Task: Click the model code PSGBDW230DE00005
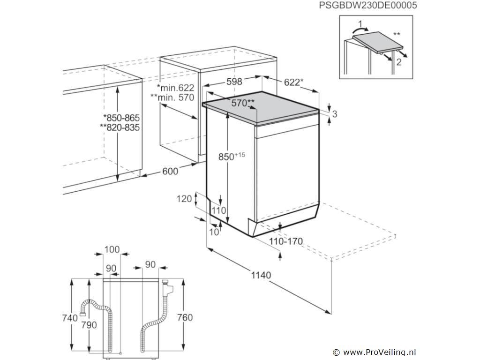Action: [x=368, y=5]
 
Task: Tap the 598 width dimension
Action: [x=234, y=82]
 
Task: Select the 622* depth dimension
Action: [x=293, y=82]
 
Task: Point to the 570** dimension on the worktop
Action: [x=243, y=103]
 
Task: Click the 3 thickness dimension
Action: [x=335, y=114]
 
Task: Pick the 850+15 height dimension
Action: [x=232, y=156]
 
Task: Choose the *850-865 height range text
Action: [x=121, y=118]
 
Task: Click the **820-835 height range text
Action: [x=120, y=127]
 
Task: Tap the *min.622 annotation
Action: [x=175, y=88]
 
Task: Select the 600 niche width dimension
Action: [x=170, y=171]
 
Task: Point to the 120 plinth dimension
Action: [x=184, y=199]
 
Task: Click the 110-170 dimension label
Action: [x=286, y=241]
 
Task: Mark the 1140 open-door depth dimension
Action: [x=261, y=275]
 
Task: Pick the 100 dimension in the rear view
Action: [x=112, y=249]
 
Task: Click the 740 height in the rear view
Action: [x=70, y=318]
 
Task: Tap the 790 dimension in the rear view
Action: [x=89, y=325]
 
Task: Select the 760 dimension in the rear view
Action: [x=185, y=317]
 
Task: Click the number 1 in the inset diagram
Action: [x=360, y=23]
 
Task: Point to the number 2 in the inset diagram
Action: [x=398, y=62]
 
